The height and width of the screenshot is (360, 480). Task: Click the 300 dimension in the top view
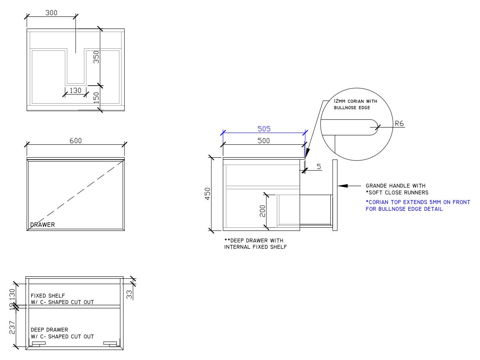click(51, 12)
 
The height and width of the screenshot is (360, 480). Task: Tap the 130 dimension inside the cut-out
click(75, 90)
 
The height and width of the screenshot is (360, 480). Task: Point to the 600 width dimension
click(76, 141)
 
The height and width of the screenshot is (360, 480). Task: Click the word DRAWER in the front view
click(43, 225)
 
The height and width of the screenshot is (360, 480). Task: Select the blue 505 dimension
click(264, 129)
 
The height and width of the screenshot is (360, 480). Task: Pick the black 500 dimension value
click(264, 140)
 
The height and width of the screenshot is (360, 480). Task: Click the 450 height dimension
click(208, 195)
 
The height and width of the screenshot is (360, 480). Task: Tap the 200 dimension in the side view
click(262, 211)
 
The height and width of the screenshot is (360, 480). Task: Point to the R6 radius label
click(399, 124)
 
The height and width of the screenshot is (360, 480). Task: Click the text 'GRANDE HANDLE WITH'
click(396, 186)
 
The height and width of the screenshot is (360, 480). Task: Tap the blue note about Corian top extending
click(418, 206)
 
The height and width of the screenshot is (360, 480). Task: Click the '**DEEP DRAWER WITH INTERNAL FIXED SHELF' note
click(255, 244)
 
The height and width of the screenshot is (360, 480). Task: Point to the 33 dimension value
click(129, 294)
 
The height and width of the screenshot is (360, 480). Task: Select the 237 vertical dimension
click(12, 327)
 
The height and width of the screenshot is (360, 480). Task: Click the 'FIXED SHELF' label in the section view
click(48, 296)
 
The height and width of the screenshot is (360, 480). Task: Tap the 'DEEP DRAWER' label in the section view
click(49, 330)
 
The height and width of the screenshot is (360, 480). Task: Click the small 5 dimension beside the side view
click(319, 166)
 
